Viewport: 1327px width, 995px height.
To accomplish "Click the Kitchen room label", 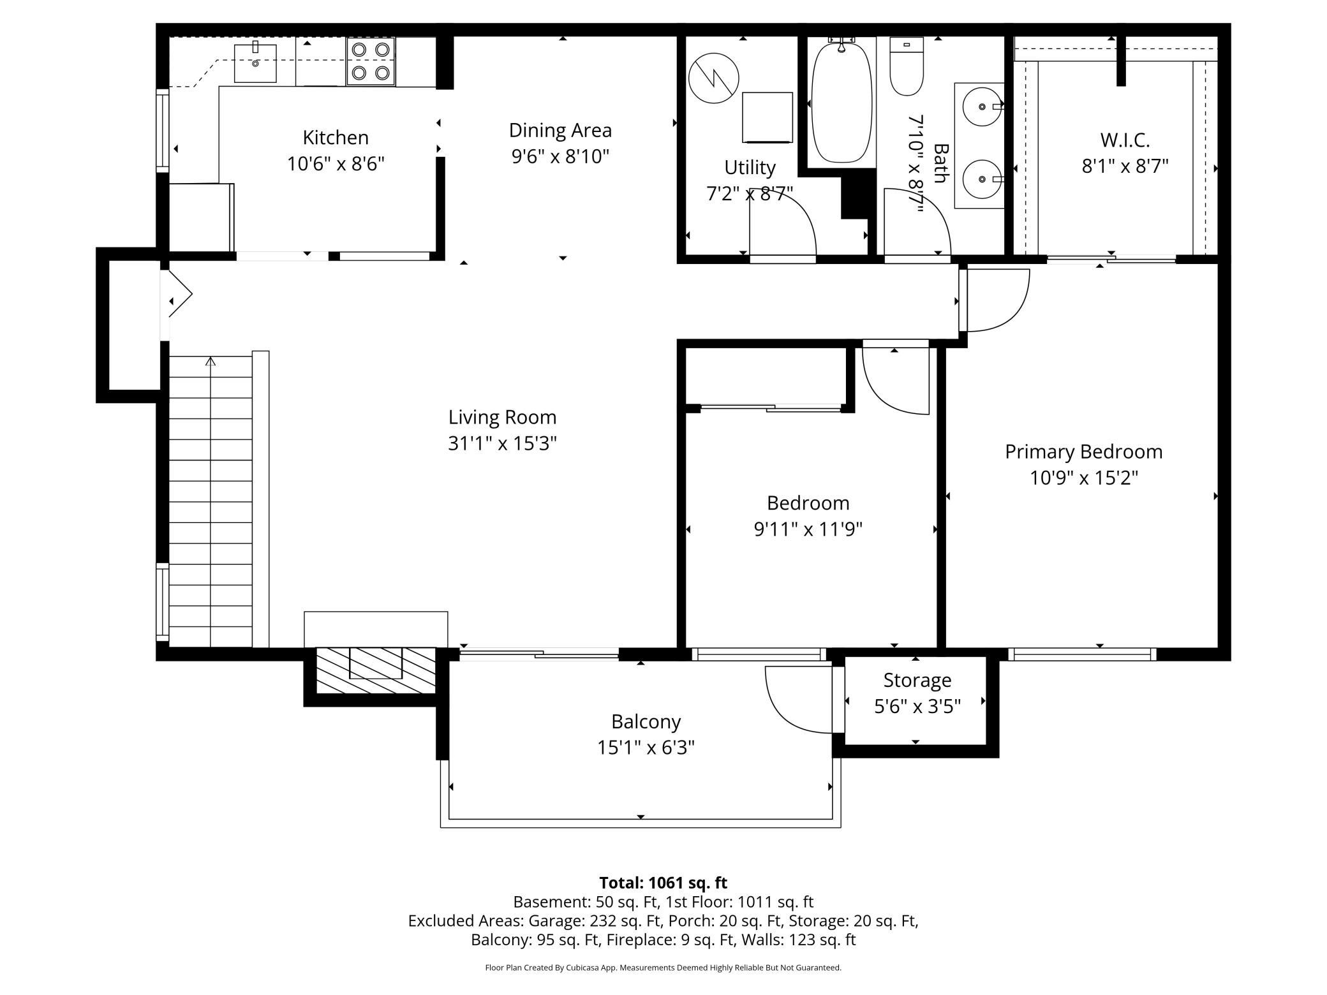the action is point(336,137).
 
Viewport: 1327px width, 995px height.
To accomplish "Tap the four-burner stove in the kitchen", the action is point(371,61).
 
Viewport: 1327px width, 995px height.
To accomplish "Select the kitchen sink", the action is point(255,63).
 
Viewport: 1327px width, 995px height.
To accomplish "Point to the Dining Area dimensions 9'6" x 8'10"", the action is point(560,156).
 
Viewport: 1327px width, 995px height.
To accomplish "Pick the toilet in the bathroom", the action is point(907,66).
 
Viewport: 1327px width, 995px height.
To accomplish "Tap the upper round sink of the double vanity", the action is point(982,107).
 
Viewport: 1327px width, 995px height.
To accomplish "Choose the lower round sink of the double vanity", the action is point(982,179).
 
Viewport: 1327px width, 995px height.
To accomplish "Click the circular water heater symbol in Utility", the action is point(714,78).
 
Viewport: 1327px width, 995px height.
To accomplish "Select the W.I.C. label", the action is point(1125,140).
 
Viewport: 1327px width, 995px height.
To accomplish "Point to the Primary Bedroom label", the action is point(1083,452).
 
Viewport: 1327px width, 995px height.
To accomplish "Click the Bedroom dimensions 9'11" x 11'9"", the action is point(808,529).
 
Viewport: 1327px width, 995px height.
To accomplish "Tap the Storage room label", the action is point(917,680).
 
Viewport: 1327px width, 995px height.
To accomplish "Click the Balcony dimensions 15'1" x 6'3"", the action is point(646,748).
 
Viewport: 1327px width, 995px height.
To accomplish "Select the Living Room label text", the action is point(502,417).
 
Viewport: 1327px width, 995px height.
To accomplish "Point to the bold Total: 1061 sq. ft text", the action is point(663,883).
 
